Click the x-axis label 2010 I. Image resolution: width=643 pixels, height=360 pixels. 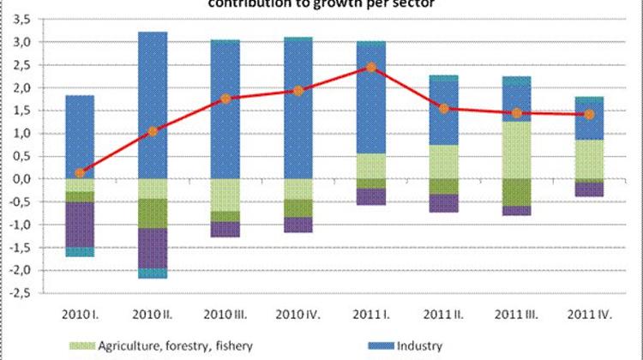pos(79,311)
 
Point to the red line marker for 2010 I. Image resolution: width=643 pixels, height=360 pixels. pos(80,173)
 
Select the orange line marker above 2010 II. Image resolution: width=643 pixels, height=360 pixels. pos(153,131)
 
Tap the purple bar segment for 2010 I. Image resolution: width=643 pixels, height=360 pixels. pos(80,225)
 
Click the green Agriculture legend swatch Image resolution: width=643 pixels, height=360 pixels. pos(78,345)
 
